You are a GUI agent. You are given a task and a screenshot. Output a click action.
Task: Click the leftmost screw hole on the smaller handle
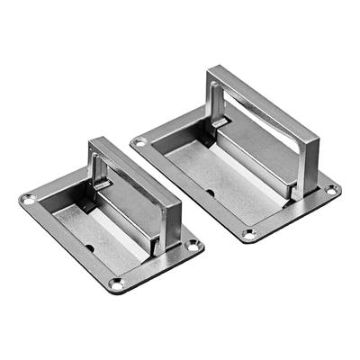28,198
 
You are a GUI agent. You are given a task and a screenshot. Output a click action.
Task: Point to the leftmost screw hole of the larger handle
138,141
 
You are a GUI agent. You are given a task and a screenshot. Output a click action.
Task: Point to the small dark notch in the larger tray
209,192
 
